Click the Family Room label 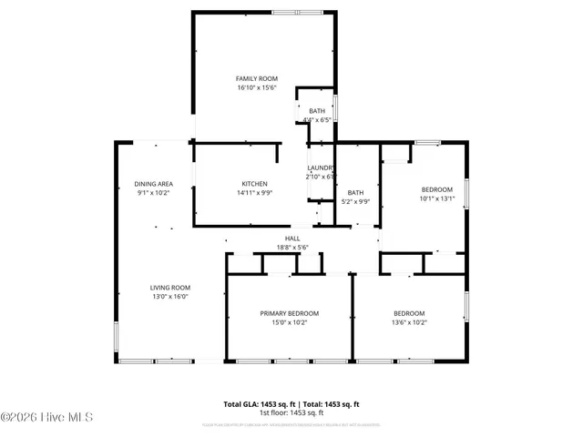(x=256, y=79)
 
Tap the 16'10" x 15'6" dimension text (x=256, y=88)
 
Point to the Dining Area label (x=154, y=184)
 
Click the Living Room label (x=170, y=288)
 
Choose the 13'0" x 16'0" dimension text (x=170, y=297)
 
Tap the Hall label (x=292, y=239)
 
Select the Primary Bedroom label (x=290, y=313)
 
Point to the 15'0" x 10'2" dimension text (x=290, y=322)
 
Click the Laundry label (x=321, y=168)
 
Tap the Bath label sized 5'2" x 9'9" (x=354, y=192)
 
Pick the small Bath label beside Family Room (x=316, y=111)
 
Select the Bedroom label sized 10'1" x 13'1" (x=436, y=189)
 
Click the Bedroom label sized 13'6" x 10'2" (x=409, y=313)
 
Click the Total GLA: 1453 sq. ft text (x=256, y=404)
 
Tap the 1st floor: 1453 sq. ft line (x=291, y=412)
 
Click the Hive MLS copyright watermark (x=47, y=418)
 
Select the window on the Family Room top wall (x=296, y=12)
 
